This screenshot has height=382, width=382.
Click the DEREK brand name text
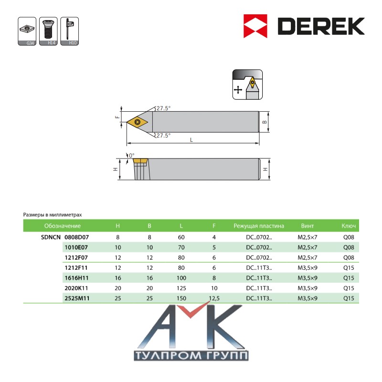coord(321,26)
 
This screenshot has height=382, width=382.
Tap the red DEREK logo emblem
coord(255,26)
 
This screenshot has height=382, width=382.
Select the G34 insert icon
coord(27,31)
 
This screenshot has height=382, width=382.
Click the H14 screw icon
coord(48,31)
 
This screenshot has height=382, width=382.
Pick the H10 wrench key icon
coord(69,31)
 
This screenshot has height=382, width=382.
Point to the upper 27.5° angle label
coord(163,108)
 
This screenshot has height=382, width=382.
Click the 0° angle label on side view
coord(132,156)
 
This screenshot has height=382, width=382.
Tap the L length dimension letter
coord(191,140)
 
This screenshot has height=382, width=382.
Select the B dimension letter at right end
coord(265,122)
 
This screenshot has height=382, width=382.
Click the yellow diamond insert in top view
coord(138,122)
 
